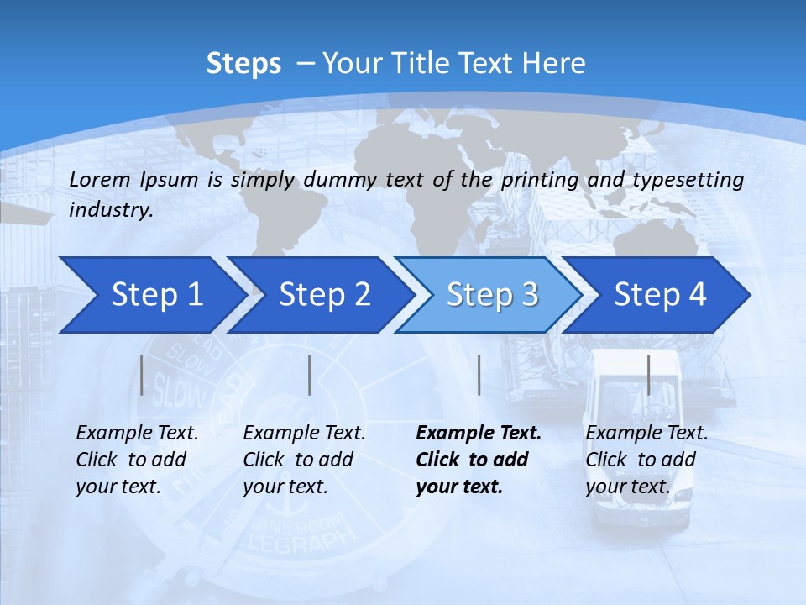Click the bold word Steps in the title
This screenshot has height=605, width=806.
(x=243, y=64)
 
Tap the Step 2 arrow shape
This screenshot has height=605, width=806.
(x=319, y=294)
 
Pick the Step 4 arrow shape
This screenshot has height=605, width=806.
(x=658, y=294)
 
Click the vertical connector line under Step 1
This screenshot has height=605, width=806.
(x=142, y=375)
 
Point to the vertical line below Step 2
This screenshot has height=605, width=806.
(x=310, y=375)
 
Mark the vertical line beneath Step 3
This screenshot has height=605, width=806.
(x=479, y=375)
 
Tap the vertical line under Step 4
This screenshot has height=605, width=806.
(x=648, y=375)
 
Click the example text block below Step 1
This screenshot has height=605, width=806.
(x=137, y=460)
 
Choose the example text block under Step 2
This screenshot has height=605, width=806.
(x=304, y=460)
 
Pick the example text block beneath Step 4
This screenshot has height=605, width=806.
(x=646, y=460)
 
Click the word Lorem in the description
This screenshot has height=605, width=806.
(x=100, y=179)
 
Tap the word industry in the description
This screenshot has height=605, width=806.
(x=111, y=210)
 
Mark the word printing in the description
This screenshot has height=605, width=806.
(x=540, y=180)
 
